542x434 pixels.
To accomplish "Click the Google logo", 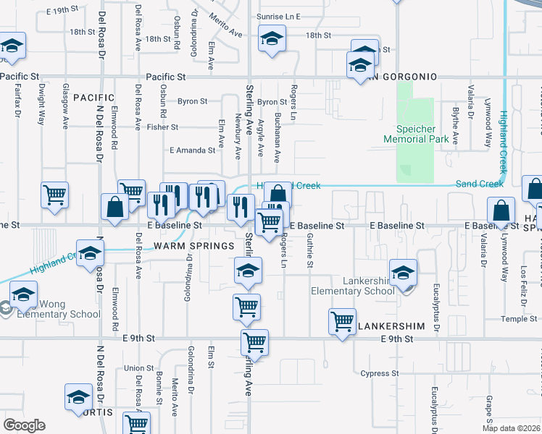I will [24, 425].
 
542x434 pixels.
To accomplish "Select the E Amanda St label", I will [192, 150].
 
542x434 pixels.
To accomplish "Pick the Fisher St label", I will [162, 127].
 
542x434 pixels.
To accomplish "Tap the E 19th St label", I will [61, 11].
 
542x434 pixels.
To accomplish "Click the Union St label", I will [139, 368].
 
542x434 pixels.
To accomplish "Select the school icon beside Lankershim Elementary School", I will [403, 273].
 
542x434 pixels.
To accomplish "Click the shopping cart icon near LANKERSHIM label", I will [342, 320].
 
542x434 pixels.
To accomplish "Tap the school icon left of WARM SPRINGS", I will [90, 255].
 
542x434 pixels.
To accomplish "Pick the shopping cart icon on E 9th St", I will [254, 342].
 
